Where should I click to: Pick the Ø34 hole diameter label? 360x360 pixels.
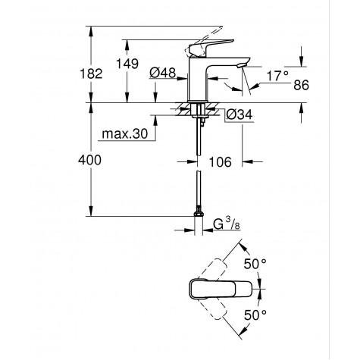pyautogui.click(x=240, y=114)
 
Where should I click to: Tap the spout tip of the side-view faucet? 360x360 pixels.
pyautogui.click(x=241, y=67)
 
